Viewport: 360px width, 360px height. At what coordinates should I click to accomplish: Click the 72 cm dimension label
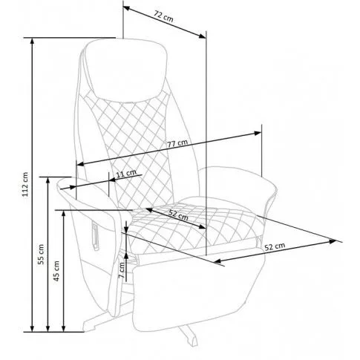(163, 16)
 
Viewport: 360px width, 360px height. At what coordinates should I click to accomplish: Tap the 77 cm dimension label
(177, 143)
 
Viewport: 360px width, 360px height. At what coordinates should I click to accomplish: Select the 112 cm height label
(26, 184)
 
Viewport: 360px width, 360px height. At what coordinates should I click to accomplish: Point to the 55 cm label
(42, 254)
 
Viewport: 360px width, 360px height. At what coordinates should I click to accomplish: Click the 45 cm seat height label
(57, 271)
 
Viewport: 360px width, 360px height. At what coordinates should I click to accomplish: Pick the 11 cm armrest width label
(126, 173)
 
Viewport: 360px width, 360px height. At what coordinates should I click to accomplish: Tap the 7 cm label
(122, 270)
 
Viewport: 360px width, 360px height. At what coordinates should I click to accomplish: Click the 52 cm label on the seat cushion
(179, 215)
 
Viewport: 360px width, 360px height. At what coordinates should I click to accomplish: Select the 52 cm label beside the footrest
(275, 246)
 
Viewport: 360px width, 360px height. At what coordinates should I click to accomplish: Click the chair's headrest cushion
(126, 70)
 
